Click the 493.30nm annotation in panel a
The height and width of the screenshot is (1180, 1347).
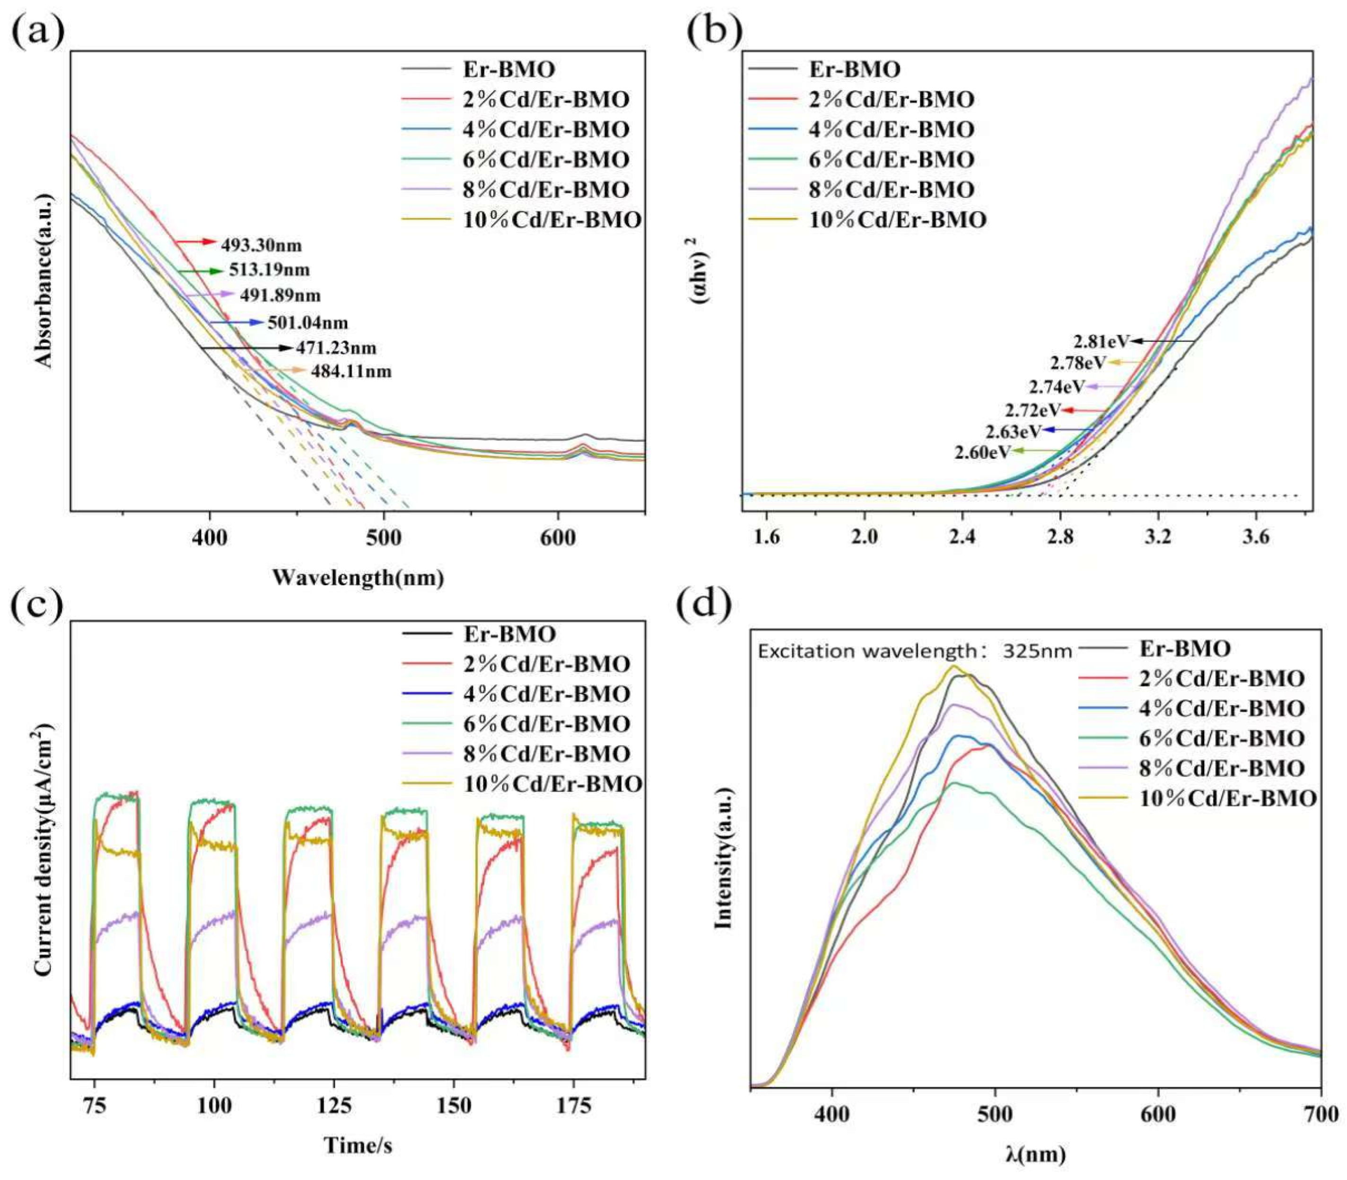[261, 246]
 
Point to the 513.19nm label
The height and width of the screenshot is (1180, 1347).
[270, 270]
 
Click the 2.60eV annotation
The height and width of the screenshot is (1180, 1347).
[981, 452]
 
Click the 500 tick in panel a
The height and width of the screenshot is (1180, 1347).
[384, 538]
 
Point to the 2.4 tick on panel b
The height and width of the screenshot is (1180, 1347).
[962, 538]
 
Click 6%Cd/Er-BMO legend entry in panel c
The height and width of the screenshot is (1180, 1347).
[547, 724]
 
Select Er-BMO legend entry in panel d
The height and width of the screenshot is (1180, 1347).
[1184, 649]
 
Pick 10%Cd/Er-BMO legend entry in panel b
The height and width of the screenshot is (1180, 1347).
[897, 219]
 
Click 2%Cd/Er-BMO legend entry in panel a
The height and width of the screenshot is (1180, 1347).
[545, 99]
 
